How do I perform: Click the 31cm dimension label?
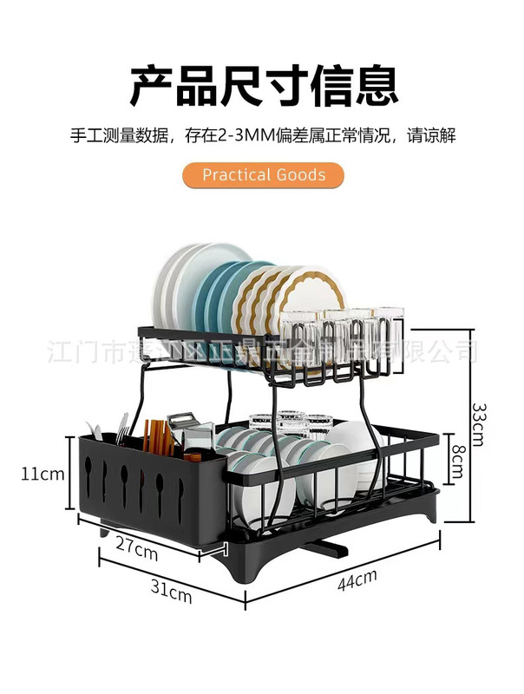pyautogui.click(x=170, y=594)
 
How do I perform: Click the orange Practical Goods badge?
pyautogui.click(x=264, y=174)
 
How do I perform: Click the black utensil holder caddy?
pyautogui.click(x=147, y=490)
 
